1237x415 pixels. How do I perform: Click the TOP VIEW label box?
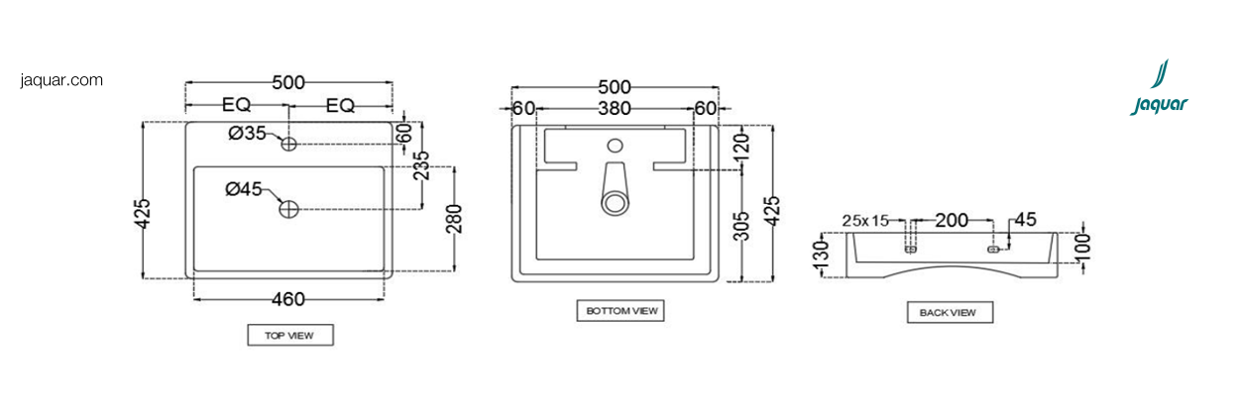pyautogui.click(x=290, y=335)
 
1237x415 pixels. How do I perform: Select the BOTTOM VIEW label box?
pyautogui.click(x=620, y=311)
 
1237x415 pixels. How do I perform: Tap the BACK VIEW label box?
pyautogui.click(x=950, y=312)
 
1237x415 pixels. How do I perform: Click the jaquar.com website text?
pyautogui.click(x=61, y=80)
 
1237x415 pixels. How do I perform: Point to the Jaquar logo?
pyautogui.click(x=1159, y=88)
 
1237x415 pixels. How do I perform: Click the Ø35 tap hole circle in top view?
pyautogui.click(x=288, y=145)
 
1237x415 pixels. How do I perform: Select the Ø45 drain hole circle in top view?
pyautogui.click(x=288, y=209)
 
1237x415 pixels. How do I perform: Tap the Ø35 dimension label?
pyautogui.click(x=247, y=133)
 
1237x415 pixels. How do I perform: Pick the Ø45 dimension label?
pyautogui.click(x=244, y=189)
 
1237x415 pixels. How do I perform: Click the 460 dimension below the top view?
pyautogui.click(x=288, y=299)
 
